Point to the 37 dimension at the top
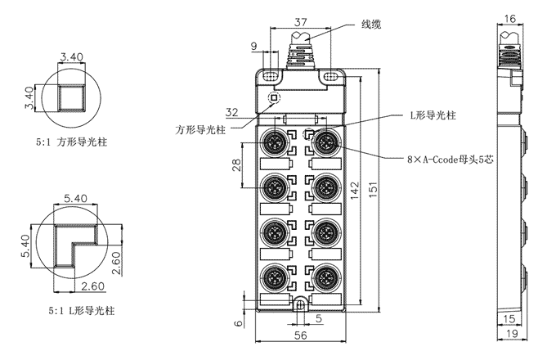pyautogui.click(x=300, y=21)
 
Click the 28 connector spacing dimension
pyautogui.click(x=236, y=166)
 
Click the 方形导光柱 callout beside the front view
pyautogui.click(x=203, y=129)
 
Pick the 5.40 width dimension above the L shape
pyautogui.click(x=75, y=197)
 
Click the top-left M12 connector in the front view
pyautogui.click(x=274, y=143)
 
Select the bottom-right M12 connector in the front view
pyautogui.click(x=326, y=274)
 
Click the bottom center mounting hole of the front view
pyautogui.click(x=300, y=305)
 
